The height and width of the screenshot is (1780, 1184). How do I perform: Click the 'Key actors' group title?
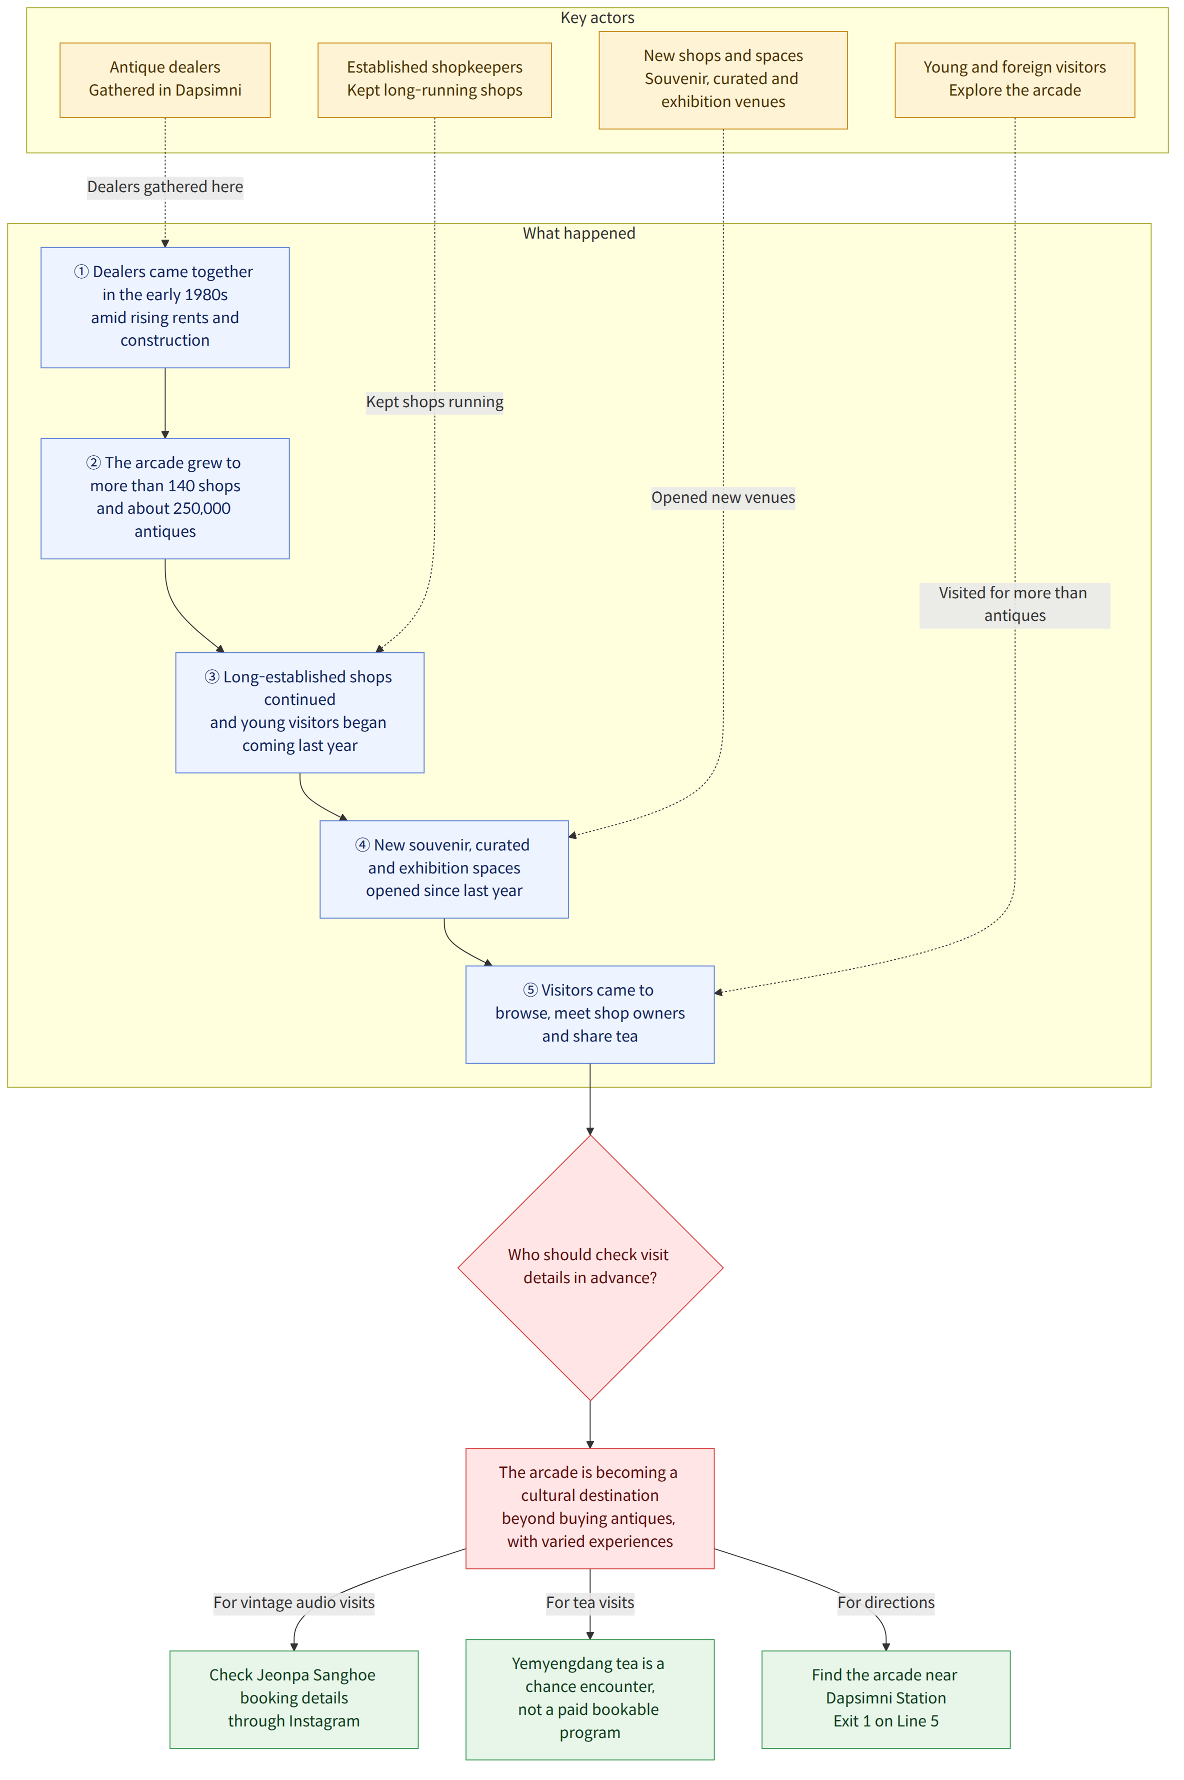pyautogui.click(x=597, y=18)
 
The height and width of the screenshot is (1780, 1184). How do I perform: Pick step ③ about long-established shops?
pyautogui.click(x=300, y=712)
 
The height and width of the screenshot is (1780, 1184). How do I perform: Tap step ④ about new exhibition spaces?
pyautogui.click(x=444, y=869)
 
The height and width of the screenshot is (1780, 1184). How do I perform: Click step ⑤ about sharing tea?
pyautogui.click(x=589, y=1014)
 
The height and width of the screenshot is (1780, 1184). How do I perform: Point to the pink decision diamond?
pyautogui.click(x=589, y=1268)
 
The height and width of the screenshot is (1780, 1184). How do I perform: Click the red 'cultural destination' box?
pyautogui.click(x=589, y=1508)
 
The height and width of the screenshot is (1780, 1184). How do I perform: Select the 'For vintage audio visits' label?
pyautogui.click(x=293, y=1602)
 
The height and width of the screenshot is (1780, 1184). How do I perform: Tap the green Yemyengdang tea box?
pyautogui.click(x=589, y=1698)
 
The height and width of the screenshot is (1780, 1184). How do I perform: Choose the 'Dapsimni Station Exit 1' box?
pyautogui.click(x=885, y=1698)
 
